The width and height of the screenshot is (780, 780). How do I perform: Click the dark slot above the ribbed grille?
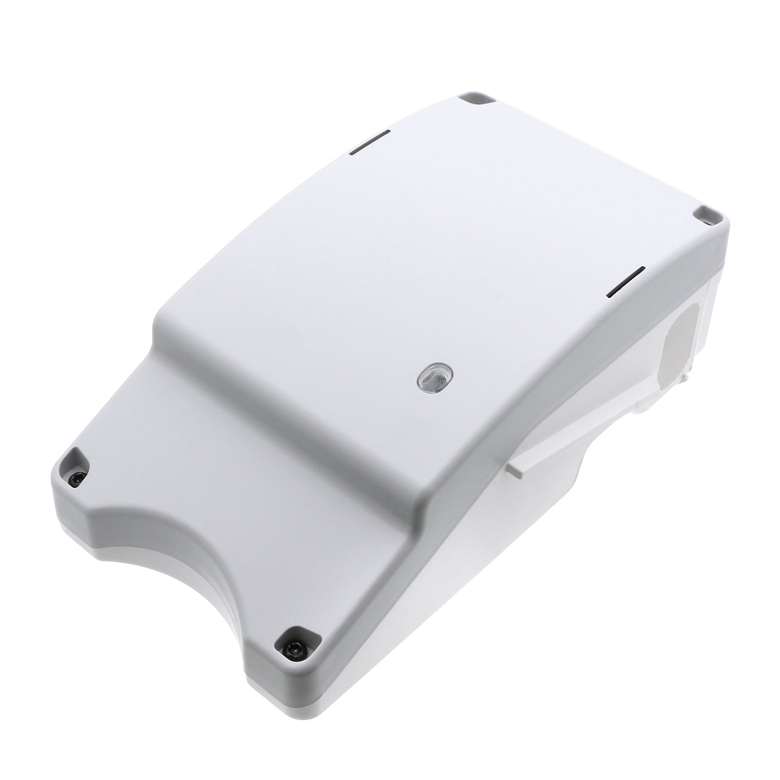click(x=626, y=281)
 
